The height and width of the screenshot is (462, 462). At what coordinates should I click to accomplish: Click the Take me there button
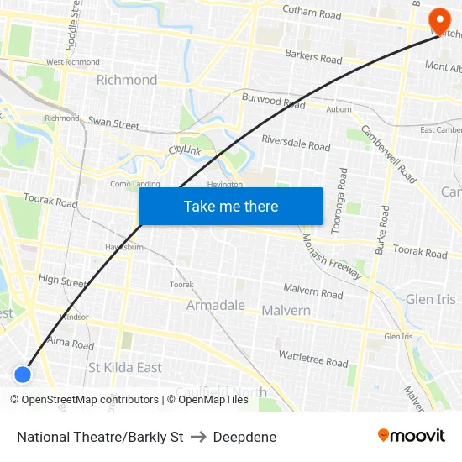tap(230, 207)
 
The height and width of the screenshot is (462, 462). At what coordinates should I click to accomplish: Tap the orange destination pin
tap(438, 20)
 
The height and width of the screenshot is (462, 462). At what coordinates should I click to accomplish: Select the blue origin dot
tap(23, 374)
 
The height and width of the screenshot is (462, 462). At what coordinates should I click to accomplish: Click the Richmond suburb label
tap(127, 80)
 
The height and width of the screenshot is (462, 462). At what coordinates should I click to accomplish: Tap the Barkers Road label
tap(313, 59)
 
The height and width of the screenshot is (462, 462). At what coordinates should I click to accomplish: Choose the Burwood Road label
tap(273, 103)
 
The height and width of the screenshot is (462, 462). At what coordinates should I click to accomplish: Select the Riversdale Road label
tap(296, 142)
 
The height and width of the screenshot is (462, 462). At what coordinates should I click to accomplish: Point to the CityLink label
tap(186, 150)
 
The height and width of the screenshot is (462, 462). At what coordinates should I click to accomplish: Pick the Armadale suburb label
tap(216, 305)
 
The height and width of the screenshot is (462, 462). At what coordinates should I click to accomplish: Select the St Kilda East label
tap(125, 368)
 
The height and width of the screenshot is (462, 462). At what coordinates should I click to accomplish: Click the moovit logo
tap(411, 436)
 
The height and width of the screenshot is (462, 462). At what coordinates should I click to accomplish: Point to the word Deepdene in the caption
tap(244, 437)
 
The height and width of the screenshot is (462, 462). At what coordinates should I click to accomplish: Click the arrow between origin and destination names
tap(198, 437)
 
